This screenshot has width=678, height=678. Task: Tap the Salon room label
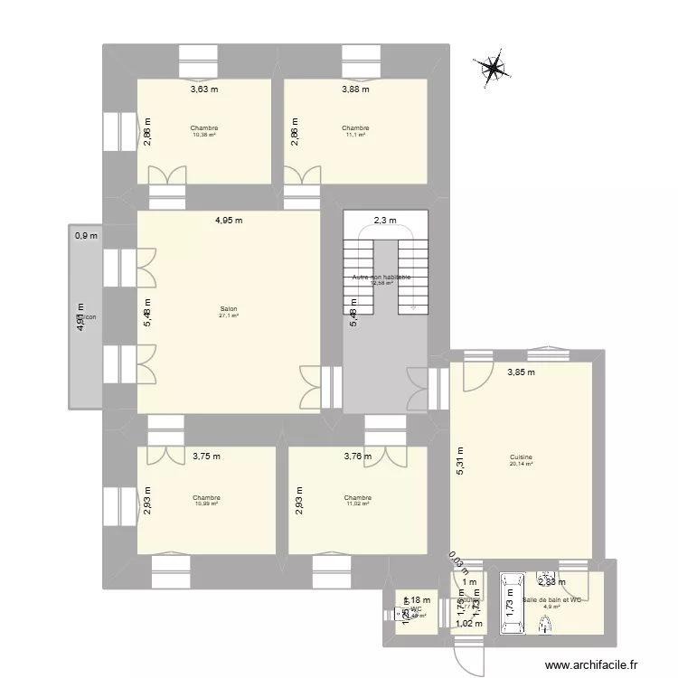point(228,308)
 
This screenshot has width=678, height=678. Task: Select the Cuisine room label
point(520,457)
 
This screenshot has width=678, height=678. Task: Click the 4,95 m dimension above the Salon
point(228,220)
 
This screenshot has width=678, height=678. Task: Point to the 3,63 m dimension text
point(203,89)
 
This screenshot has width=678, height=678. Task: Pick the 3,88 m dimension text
point(354,89)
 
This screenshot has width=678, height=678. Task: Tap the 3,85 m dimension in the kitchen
point(521,372)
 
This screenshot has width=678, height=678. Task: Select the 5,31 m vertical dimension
point(459,462)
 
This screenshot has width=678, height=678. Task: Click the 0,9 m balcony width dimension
point(86,236)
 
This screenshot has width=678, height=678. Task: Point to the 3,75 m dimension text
point(206,457)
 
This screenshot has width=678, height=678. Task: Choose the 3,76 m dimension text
point(357,457)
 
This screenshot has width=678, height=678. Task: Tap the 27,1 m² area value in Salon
point(228,315)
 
